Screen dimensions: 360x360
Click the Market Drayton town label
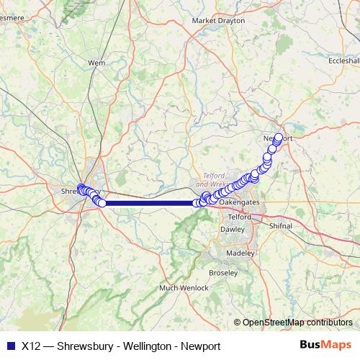[214, 21]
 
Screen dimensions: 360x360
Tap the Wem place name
[96, 63]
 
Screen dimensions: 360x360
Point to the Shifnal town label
[280, 225]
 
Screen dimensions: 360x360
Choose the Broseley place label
[222, 274]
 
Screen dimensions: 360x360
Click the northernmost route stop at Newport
[279, 137]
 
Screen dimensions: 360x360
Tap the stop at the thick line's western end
[102, 203]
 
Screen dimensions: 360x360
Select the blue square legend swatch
[10, 345]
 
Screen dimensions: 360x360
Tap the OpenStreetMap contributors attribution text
[297, 323]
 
